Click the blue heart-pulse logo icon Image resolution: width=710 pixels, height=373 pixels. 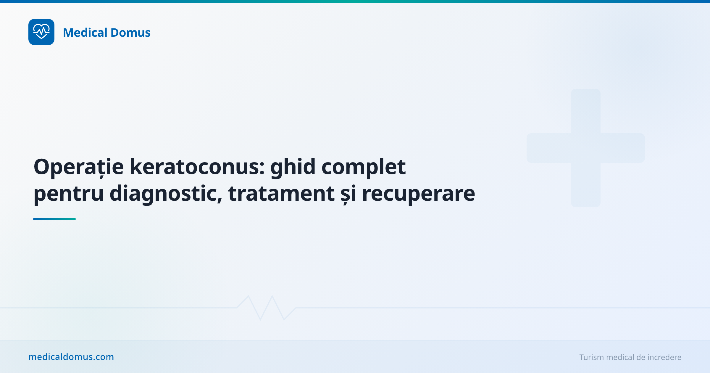pyautogui.click(x=41, y=32)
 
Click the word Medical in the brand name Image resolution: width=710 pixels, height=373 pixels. pyautogui.click(x=85, y=33)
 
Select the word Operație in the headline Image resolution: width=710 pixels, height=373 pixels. pyautogui.click(x=79, y=167)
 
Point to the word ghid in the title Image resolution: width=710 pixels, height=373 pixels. pyautogui.click(x=293, y=167)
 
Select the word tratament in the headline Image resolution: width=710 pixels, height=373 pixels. pyautogui.click(x=281, y=193)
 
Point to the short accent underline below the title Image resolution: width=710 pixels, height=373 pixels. pyautogui.click(x=54, y=219)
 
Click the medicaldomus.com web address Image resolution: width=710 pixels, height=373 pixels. pyautogui.click(x=71, y=357)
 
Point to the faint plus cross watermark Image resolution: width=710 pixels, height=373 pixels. pyautogui.click(x=585, y=148)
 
